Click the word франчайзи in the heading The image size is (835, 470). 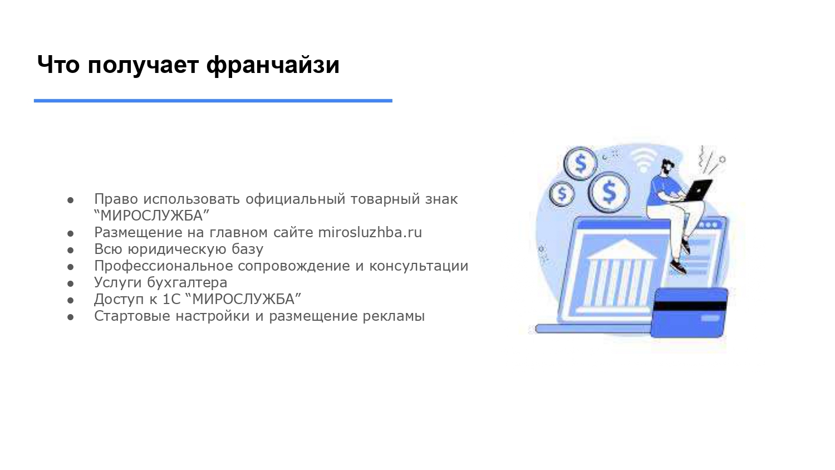click(x=272, y=65)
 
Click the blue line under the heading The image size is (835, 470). click(x=213, y=101)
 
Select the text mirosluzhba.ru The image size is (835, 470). click(x=370, y=232)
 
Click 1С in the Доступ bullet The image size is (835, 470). click(x=172, y=299)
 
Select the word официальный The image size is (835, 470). click(x=292, y=199)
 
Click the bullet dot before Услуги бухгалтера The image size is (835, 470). click(x=71, y=283)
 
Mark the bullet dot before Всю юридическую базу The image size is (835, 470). click(x=71, y=249)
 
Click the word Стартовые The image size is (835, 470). click(x=132, y=316)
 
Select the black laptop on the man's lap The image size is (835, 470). click(x=699, y=190)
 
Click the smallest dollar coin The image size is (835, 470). click(x=562, y=194)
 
